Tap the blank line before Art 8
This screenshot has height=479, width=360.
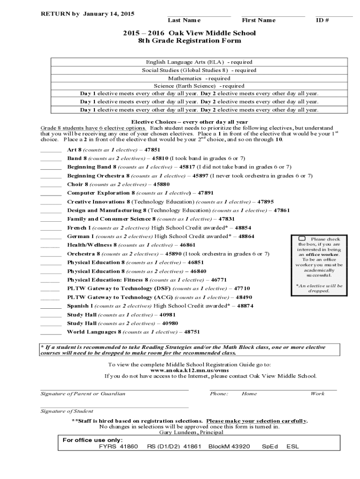click(51, 152)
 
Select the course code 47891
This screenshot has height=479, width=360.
click(206, 193)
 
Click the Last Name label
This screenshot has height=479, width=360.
click(184, 20)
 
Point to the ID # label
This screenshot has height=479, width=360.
click(323, 20)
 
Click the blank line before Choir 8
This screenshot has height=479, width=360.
click(51, 186)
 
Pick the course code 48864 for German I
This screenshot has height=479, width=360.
click(246, 236)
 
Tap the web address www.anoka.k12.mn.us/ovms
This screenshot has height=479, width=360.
click(189, 370)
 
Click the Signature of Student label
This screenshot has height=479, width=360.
click(67, 411)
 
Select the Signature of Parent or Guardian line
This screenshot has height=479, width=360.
click(115, 389)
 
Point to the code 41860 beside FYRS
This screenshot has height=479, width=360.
click(129, 447)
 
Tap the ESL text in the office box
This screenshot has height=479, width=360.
click(293, 447)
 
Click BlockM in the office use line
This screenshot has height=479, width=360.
click(219, 447)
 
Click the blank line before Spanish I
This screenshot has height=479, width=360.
click(51, 308)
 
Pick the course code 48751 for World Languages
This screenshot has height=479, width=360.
click(192, 332)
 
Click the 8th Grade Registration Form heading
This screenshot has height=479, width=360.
click(189, 41)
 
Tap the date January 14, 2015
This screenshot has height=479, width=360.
click(109, 14)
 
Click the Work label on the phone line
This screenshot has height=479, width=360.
click(317, 393)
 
